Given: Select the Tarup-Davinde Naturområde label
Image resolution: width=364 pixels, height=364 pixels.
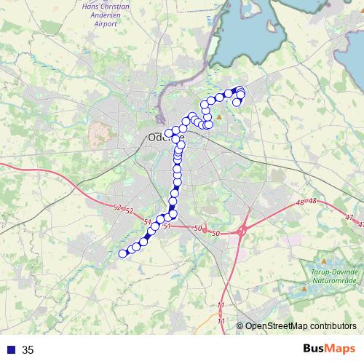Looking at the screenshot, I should pyautogui.click(x=331, y=273).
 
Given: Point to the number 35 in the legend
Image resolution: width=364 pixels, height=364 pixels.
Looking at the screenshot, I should pyautogui.click(x=28, y=350).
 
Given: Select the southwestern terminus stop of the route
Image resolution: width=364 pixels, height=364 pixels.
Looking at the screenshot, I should pyautogui.click(x=123, y=253).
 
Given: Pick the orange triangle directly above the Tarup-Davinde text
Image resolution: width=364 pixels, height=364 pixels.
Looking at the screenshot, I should pyautogui.click(x=324, y=261).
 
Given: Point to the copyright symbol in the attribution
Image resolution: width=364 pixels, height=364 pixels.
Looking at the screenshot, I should pyautogui.click(x=240, y=326).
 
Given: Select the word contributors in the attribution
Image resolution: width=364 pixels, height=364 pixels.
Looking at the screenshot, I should pyautogui.click(x=332, y=326).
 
